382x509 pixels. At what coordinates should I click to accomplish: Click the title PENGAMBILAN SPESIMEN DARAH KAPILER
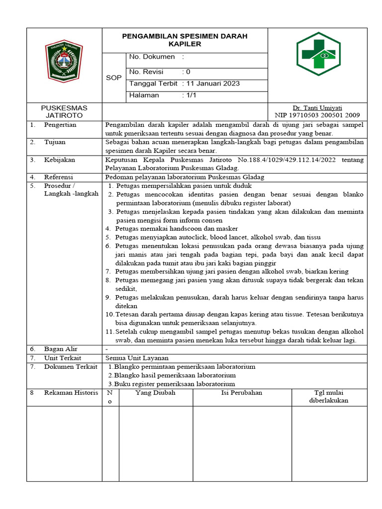click(x=185, y=40)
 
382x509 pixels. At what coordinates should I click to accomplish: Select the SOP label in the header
click(x=114, y=78)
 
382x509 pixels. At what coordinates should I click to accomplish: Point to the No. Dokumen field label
click(x=152, y=57)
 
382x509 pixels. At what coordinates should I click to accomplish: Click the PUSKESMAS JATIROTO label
click(x=64, y=111)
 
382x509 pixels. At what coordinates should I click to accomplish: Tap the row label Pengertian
click(x=60, y=125)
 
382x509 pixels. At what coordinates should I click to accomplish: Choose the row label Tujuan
click(x=55, y=142)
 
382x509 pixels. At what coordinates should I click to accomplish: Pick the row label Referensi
click(x=59, y=177)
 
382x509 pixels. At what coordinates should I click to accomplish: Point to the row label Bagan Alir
click(x=61, y=349)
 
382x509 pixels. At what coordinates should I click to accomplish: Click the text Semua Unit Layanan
click(x=137, y=358)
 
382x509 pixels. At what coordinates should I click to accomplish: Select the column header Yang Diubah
click(x=155, y=393)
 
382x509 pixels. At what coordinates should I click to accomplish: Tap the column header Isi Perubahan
click(x=241, y=393)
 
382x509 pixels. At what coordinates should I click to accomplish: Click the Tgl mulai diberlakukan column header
click(x=328, y=397)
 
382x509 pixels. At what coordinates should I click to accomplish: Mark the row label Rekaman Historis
click(x=71, y=393)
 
